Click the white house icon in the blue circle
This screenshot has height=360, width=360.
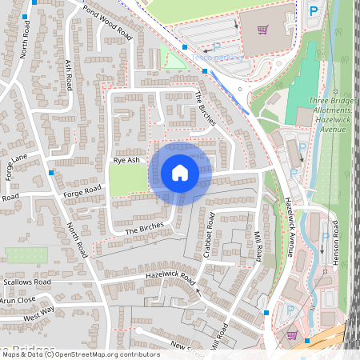pos(180,173)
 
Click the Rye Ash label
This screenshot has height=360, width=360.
pos(126,160)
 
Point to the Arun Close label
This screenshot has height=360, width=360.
pos(18,300)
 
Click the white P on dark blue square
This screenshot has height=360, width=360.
pos(313,12)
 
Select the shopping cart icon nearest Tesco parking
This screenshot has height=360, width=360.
pos(262,30)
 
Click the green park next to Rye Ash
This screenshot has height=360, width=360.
pos(128,179)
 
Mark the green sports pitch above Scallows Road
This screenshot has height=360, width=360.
pos(24,255)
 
